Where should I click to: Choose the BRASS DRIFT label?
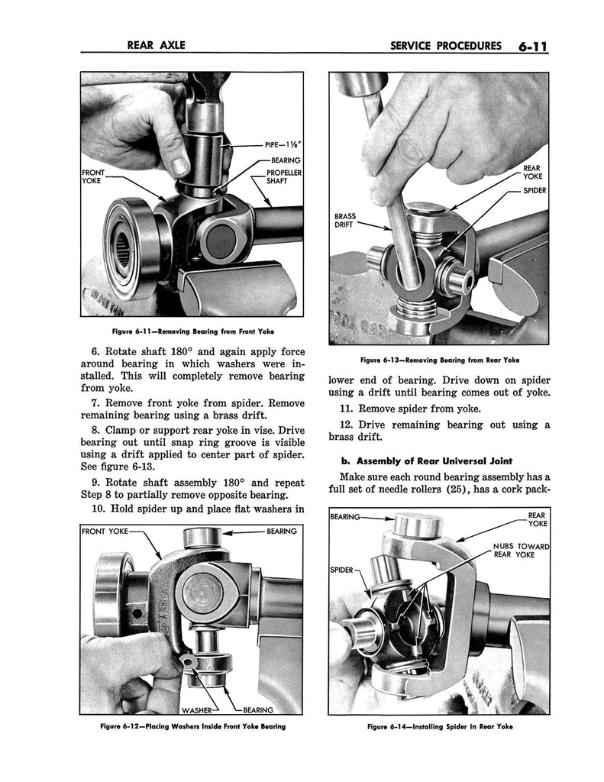345,220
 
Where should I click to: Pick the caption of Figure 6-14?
438,726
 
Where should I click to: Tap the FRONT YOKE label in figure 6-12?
107,531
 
